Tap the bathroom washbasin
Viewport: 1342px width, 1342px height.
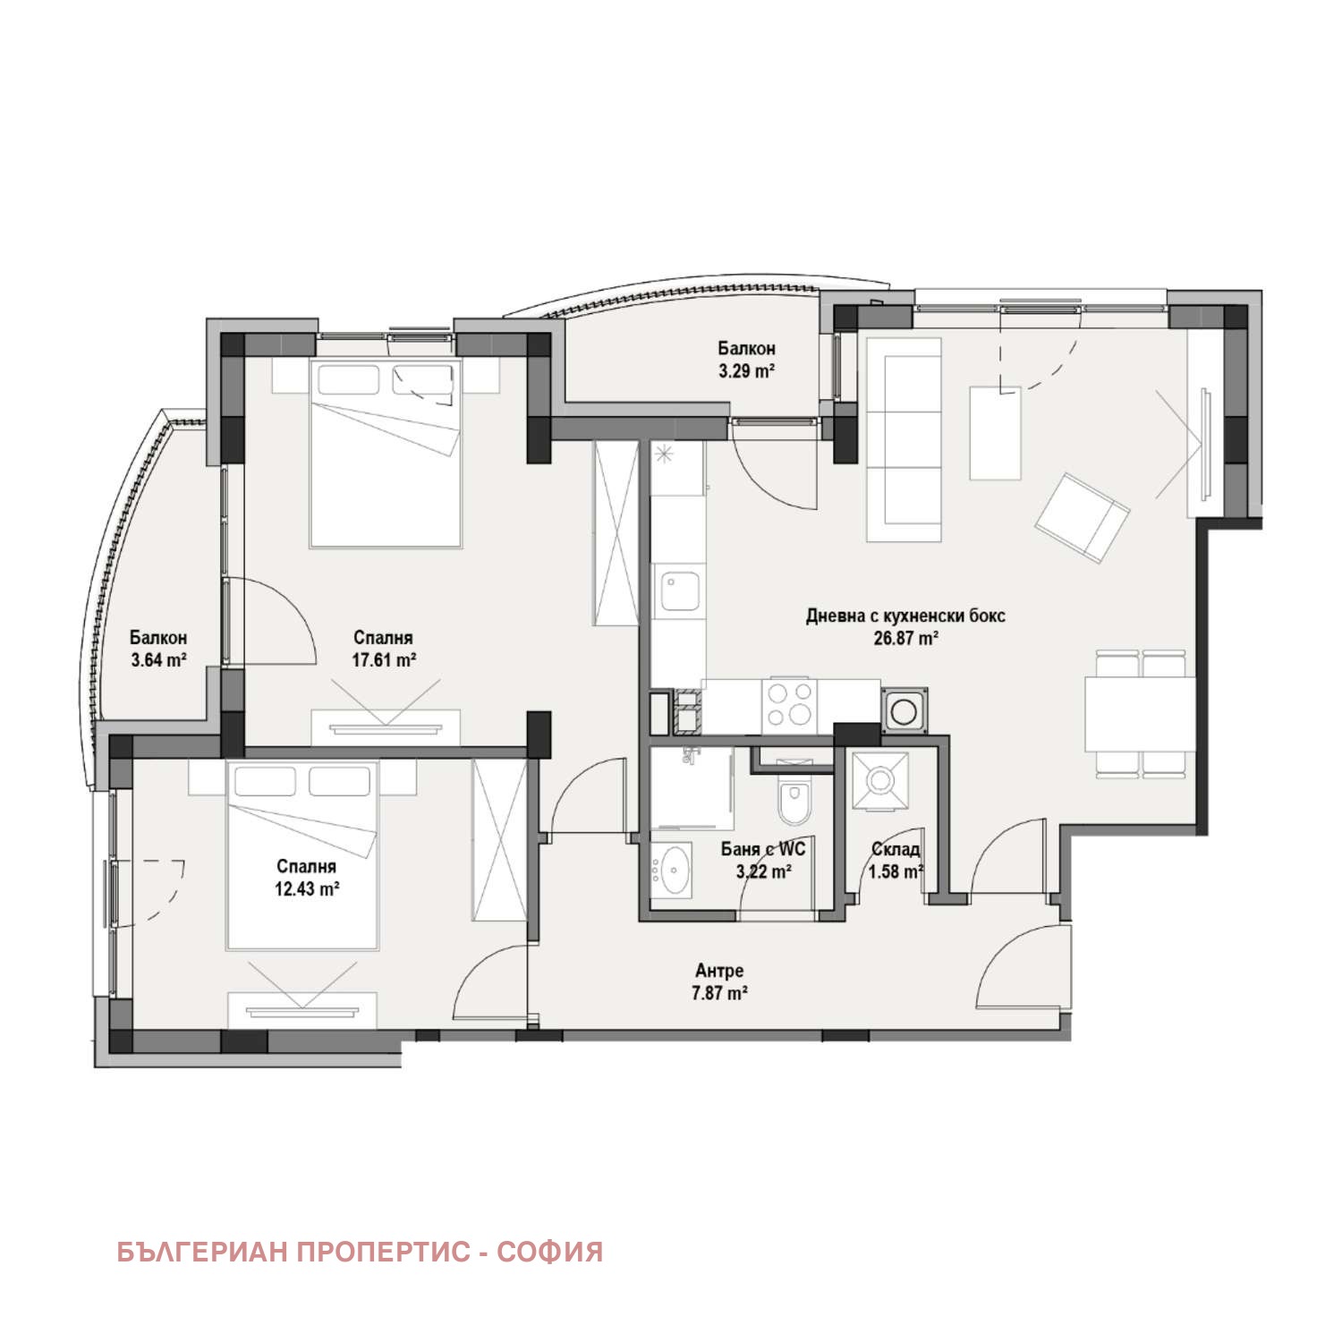click(672, 870)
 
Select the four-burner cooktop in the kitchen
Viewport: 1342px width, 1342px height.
click(788, 702)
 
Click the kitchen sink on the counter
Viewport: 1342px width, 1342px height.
click(680, 591)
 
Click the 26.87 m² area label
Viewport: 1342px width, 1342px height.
click(905, 638)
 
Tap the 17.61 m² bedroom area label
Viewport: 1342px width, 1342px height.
click(383, 660)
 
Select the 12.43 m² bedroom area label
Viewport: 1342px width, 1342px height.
click(307, 888)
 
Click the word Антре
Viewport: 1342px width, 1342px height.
click(719, 971)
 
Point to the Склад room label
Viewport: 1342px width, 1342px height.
click(895, 850)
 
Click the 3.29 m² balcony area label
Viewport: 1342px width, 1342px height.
click(745, 369)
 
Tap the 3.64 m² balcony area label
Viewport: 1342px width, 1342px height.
click(157, 660)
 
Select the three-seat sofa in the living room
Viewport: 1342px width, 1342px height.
click(905, 439)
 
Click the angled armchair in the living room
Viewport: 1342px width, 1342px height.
click(1083, 519)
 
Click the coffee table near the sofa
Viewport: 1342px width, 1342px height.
click(995, 433)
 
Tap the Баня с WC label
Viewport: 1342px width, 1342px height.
click(763, 850)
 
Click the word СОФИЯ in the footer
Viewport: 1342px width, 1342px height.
click(549, 1252)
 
